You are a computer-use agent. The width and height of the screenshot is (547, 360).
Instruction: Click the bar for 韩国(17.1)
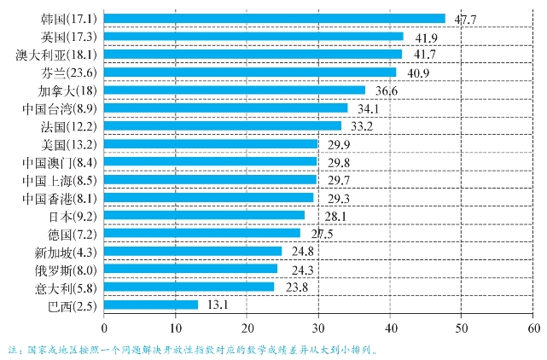pos(274,18)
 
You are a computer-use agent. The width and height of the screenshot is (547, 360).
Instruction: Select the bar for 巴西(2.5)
pos(151,305)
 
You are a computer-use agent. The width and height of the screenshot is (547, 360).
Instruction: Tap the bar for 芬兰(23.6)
pos(250,72)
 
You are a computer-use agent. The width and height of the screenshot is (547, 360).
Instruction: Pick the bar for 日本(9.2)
pos(204,215)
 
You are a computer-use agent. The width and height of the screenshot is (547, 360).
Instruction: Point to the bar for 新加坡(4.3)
pos(193,251)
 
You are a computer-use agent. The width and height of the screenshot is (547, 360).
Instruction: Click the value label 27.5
pos(322,233)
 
